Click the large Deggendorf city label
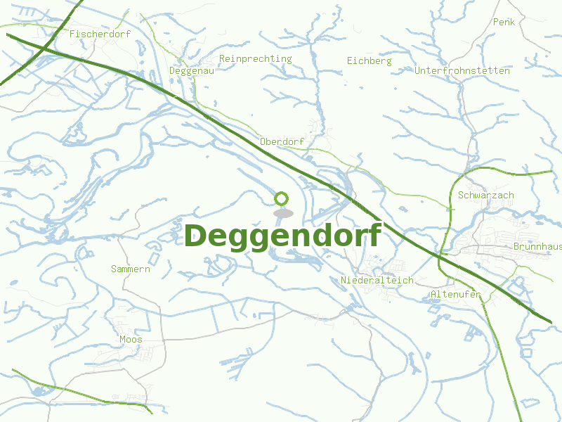coord(282,236)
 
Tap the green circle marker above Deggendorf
coord(282,198)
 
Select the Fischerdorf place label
coord(100,33)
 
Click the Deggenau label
coord(192,71)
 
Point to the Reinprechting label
coord(256,58)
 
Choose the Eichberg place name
coord(369,61)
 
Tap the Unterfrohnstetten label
coord(462,71)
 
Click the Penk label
coord(504,22)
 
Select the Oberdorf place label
coord(282,141)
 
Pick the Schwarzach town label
coord(486,195)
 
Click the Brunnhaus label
coord(537,247)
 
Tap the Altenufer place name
coord(456,294)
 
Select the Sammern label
coord(131,269)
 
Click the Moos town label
coord(131,340)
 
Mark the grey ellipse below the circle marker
coord(282,212)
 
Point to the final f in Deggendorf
coord(374,234)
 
